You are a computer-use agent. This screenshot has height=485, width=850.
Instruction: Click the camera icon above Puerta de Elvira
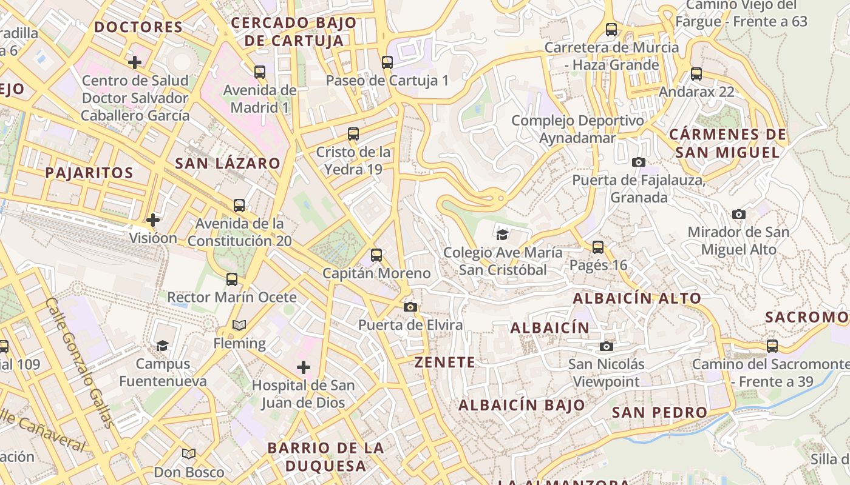click(x=410, y=307)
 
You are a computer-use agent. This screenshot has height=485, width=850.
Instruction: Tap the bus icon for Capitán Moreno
click(x=376, y=255)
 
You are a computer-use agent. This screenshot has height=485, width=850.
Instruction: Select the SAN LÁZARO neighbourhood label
click(x=228, y=163)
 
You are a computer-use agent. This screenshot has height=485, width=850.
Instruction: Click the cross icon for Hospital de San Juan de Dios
click(x=304, y=367)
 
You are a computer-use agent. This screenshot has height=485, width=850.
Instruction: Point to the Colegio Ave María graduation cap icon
click(x=502, y=235)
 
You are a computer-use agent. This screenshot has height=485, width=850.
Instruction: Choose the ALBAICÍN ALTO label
click(x=637, y=298)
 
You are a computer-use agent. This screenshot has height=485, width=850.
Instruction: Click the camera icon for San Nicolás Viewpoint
click(x=606, y=347)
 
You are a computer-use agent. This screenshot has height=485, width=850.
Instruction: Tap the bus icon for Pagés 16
click(x=598, y=247)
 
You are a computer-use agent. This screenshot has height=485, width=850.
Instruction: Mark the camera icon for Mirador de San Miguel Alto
click(x=738, y=214)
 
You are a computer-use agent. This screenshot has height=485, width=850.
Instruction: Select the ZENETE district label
click(x=444, y=363)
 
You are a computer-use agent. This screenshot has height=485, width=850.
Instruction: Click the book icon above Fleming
click(x=239, y=326)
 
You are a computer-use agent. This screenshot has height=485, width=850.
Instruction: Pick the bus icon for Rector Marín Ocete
click(x=232, y=279)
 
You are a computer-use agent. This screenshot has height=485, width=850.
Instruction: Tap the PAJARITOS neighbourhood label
click(x=89, y=173)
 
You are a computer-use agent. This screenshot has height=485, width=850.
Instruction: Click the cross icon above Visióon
click(x=153, y=219)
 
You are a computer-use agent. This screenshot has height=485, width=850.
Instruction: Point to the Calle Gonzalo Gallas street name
click(x=80, y=363)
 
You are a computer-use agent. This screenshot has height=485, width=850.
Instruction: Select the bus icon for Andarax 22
click(x=696, y=74)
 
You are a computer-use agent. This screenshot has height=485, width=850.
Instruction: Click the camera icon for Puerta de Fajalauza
click(x=638, y=162)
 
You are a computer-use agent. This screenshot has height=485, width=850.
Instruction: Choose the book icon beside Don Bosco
click(x=189, y=453)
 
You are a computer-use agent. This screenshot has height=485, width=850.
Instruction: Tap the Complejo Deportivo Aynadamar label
click(x=577, y=129)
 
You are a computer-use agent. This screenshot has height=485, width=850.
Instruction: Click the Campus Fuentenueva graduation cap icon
click(x=162, y=346)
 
